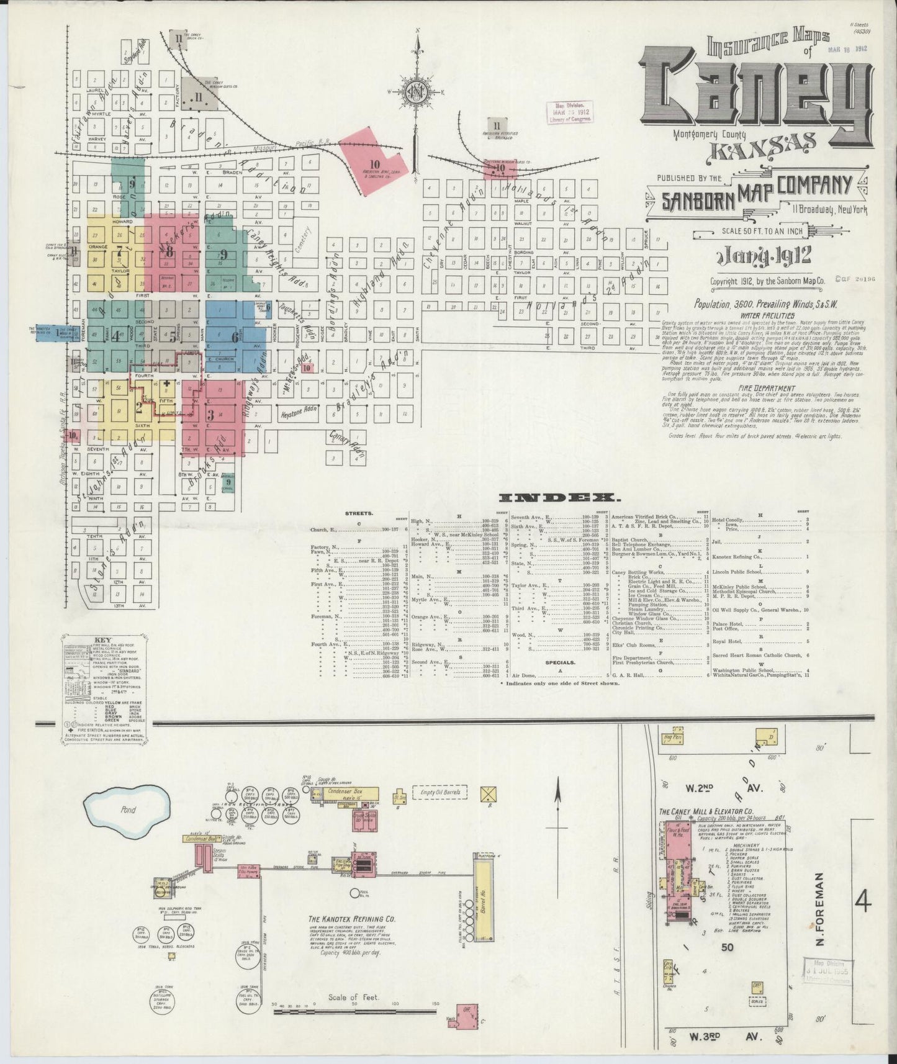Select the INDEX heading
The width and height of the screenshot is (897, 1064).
557,498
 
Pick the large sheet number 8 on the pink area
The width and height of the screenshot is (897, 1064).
169,252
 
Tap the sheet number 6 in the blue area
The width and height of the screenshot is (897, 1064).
235,337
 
